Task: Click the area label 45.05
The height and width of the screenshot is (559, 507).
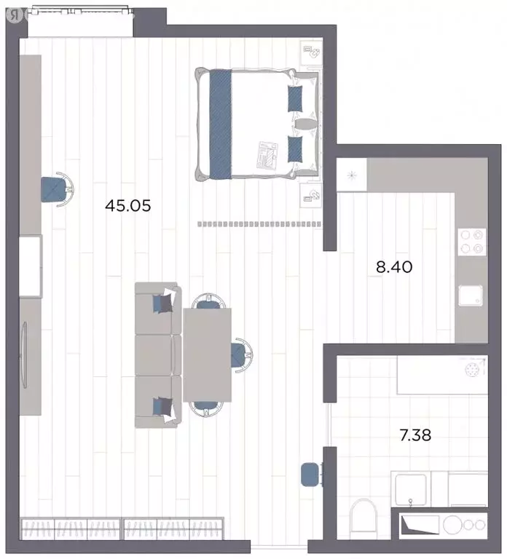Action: coord(128,206)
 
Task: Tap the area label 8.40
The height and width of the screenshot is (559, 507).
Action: coord(394,266)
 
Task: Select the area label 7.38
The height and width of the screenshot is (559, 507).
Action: coord(415,435)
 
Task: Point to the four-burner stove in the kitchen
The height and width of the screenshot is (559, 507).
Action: coord(472,242)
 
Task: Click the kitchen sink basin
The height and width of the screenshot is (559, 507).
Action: coord(471,296)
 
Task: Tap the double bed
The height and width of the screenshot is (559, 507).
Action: coord(257,124)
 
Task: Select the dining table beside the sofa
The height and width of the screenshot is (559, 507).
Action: coord(208,354)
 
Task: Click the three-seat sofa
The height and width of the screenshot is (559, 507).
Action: coord(158,355)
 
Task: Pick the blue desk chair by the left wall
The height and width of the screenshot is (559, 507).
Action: coord(57,189)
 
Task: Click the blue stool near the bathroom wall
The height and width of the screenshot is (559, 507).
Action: coord(310,474)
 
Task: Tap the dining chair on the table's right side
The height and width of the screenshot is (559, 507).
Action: coord(242,355)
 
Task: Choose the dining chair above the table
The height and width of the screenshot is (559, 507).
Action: coord(208,301)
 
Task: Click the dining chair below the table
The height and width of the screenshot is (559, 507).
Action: coord(206,409)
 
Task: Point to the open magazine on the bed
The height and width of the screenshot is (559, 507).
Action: coord(267,155)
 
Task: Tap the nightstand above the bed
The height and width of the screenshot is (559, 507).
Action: coord(311,53)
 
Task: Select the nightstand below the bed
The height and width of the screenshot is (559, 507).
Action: coord(311,194)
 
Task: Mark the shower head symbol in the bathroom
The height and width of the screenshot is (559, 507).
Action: coord(472,369)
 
